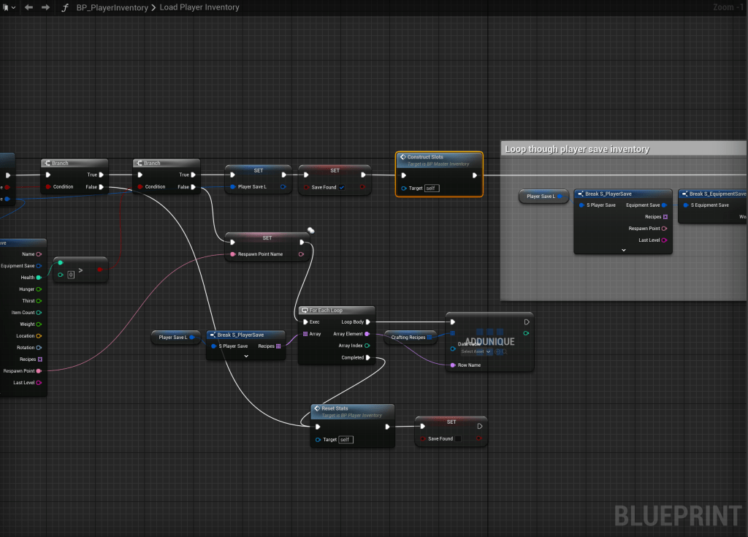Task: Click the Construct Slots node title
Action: (425, 157)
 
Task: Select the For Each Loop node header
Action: (326, 311)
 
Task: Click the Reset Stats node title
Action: (336, 408)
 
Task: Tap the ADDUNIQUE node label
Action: (489, 341)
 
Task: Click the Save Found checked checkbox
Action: (342, 187)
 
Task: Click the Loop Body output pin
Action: (368, 321)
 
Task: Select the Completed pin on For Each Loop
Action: (368, 357)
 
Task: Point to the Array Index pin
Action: (367, 346)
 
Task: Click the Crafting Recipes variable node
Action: (408, 338)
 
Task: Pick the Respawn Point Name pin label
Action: (260, 254)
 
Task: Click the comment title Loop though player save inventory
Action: (577, 149)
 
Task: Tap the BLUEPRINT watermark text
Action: (677, 515)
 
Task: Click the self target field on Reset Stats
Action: (346, 439)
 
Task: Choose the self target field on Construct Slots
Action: (432, 188)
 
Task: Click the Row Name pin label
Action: (469, 365)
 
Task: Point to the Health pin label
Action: (27, 278)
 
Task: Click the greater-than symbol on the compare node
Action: (80, 270)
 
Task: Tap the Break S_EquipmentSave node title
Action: (715, 194)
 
